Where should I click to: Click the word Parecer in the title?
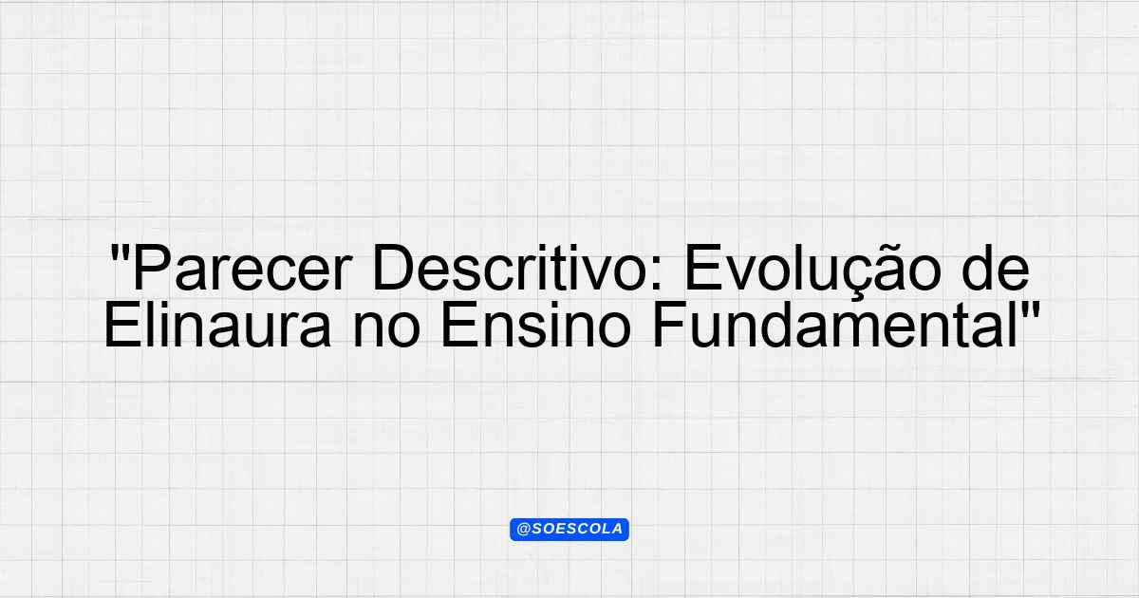242,268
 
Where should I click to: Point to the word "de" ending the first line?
995,268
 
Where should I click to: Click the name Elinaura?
218,324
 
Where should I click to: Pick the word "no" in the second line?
386,329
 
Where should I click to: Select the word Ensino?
536,324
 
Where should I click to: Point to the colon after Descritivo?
657,273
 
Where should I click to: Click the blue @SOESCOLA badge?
569,530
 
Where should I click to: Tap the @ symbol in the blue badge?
523,530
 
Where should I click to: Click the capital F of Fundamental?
671,325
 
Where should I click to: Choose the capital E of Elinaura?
122,325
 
